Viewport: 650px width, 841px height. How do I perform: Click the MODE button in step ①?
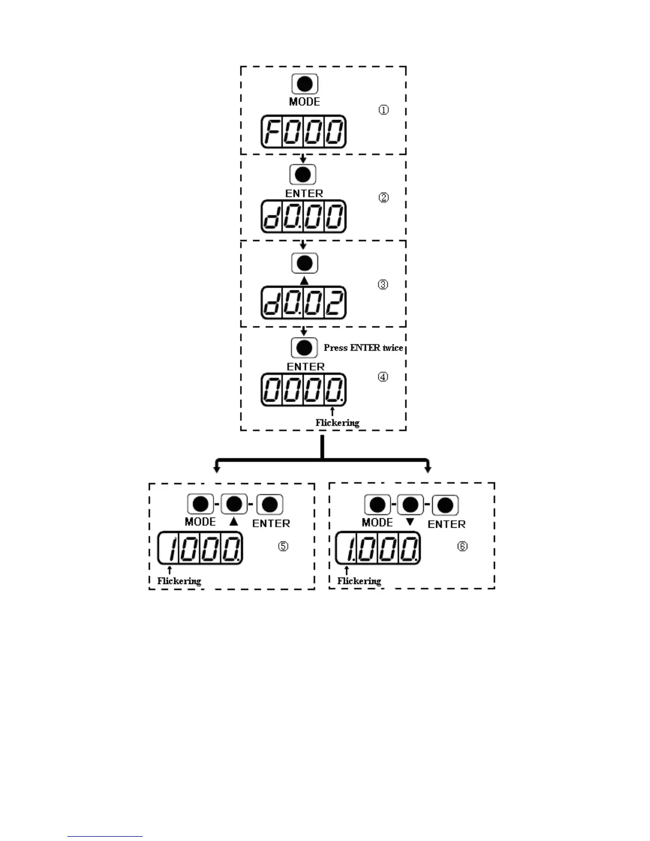305,84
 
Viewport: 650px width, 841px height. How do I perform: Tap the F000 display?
303,132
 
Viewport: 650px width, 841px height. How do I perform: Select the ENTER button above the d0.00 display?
303,174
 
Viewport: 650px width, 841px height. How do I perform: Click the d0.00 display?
303,217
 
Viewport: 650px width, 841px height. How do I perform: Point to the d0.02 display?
303,303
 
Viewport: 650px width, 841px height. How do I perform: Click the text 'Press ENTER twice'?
363,348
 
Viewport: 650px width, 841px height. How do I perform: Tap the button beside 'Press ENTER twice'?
304,348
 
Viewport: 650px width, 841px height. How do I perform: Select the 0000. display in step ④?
303,390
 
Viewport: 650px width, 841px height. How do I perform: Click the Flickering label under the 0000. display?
337,423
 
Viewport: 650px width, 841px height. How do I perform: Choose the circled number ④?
383,377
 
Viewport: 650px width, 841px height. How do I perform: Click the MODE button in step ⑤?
201,504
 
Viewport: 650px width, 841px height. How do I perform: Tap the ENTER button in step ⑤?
270,504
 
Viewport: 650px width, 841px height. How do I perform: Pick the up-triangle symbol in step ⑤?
234,522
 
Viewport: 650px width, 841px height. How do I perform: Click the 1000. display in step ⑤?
200,548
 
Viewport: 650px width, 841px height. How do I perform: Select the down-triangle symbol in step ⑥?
409,522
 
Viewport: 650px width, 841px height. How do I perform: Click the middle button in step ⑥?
410,505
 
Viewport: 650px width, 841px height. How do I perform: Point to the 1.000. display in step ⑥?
378,548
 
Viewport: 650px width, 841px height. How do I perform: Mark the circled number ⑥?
463,546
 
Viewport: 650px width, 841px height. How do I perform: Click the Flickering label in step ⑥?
359,581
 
